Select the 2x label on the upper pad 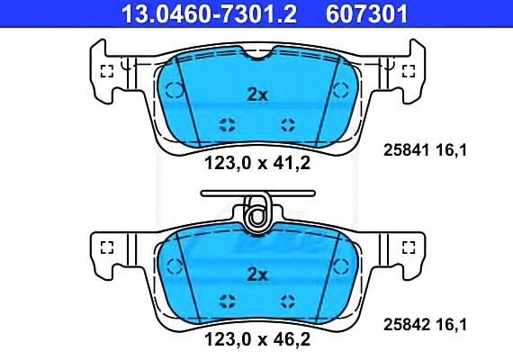pyautogui.click(x=257, y=93)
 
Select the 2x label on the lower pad pyautogui.click(x=257, y=274)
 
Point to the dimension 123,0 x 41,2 pyautogui.click(x=256, y=164)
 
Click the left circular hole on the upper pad pyautogui.click(x=174, y=89)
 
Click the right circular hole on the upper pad pyautogui.click(x=341, y=89)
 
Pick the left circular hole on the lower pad pyautogui.click(x=174, y=265)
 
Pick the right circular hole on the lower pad pyautogui.click(x=341, y=265)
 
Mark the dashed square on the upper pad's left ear pyautogui.click(x=106, y=72)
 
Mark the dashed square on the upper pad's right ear pyautogui.click(x=408, y=72)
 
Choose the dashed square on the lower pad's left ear pyautogui.click(x=106, y=248)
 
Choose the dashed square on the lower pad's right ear pyautogui.click(x=408, y=248)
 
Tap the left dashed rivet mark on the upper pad pyautogui.click(x=227, y=123)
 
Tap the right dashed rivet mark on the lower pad pyautogui.click(x=288, y=301)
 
